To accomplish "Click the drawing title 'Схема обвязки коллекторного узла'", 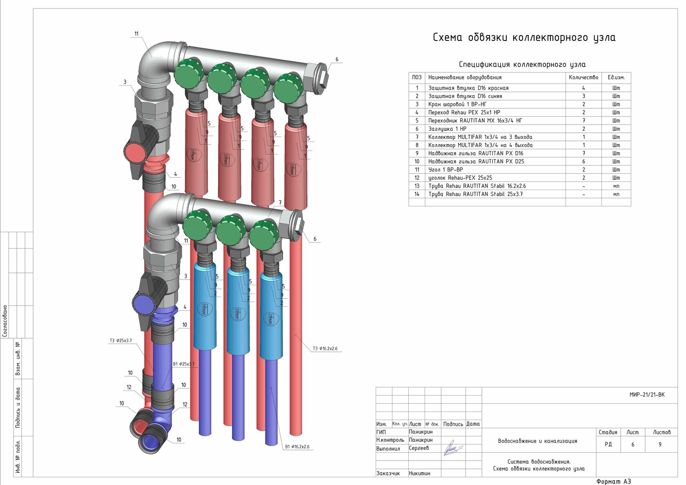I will coord(524,38).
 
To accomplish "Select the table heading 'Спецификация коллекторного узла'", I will coord(522,65).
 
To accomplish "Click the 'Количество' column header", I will coord(583,77).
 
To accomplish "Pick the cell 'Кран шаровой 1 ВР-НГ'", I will coord(457,104).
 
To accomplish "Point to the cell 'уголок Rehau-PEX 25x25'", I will coord(460,178).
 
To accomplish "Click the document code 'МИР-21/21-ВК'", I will coord(647,395).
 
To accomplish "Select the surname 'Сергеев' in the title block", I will coord(419,448).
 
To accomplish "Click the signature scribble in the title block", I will coord(452,448).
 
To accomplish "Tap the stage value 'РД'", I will coord(608,445).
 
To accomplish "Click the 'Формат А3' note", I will coord(613,481).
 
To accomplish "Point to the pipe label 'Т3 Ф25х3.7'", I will coord(120,341).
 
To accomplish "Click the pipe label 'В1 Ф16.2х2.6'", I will coord(297,447).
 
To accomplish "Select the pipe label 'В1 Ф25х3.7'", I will coord(183,364).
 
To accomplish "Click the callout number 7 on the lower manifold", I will coord(280,203).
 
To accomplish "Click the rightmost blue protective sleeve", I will coord(271,317).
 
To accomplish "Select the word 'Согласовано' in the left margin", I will coord(5,321).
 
